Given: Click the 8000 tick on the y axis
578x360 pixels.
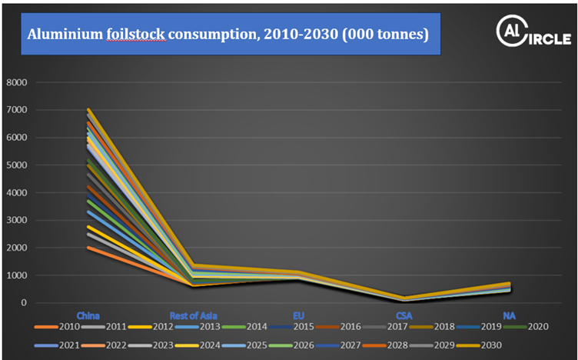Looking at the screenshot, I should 16,82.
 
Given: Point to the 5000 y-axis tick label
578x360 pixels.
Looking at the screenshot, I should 16,165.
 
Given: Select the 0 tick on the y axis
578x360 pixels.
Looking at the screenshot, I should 24,302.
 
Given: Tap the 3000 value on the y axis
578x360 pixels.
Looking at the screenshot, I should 16,220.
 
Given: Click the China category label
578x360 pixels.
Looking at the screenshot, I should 88,315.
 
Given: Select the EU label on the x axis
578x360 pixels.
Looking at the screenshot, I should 299,315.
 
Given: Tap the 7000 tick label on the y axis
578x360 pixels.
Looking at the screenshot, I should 16,110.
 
